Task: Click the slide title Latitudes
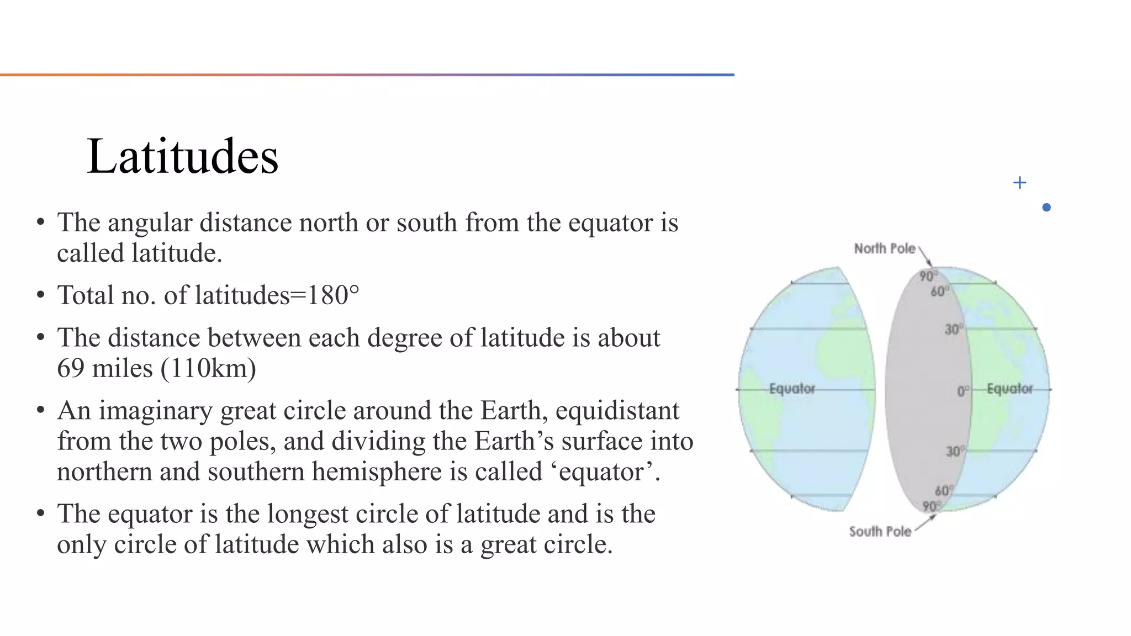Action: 182,157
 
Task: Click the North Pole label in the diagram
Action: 885,248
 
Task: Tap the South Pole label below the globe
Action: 880,532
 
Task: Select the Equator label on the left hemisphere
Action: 792,389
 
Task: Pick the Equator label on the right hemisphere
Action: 1010,389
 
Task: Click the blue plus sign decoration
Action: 1019,183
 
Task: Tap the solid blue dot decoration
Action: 1046,208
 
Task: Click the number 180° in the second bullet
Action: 333,295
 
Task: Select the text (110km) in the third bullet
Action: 208,368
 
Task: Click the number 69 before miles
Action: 71,368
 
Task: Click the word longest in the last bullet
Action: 304,514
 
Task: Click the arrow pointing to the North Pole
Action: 926,258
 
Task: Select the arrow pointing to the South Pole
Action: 926,522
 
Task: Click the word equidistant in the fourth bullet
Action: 617,411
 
